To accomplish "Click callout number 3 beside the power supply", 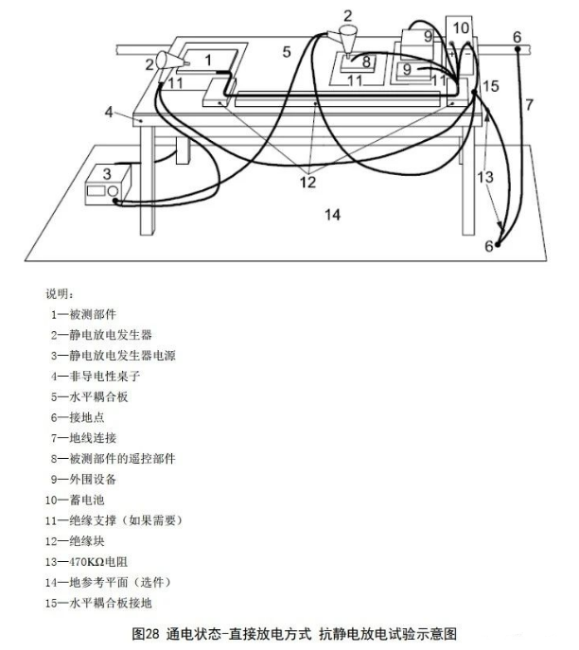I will click(x=107, y=172).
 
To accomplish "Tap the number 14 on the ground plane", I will click(x=331, y=215).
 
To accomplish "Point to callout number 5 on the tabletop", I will click(x=286, y=51).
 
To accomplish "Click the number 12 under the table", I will click(x=308, y=182).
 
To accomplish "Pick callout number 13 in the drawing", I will click(x=485, y=177).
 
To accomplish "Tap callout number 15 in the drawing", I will click(x=489, y=87).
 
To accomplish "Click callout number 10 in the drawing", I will click(x=460, y=27).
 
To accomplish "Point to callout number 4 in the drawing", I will click(x=109, y=112).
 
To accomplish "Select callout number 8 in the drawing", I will click(x=366, y=63).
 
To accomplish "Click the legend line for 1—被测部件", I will click(x=84, y=313).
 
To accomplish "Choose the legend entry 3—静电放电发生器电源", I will click(x=113, y=355).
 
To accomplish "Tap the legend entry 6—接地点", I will click(x=76, y=416).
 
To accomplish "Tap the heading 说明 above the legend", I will click(x=59, y=293).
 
